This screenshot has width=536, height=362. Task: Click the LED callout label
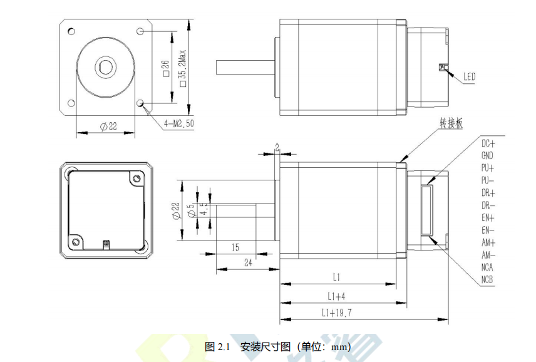pos(469,77)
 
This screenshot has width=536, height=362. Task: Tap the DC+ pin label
pos(488,143)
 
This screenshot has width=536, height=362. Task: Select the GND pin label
pos(487,155)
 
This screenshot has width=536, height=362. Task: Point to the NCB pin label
pos(487,279)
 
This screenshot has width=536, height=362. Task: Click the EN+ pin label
pos(488,217)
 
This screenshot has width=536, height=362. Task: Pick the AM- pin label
pos(488,255)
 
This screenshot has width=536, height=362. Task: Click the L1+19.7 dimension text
pos(337,313)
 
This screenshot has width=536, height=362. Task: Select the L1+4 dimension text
pos(336,296)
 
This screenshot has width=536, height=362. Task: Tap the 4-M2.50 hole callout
pos(178,123)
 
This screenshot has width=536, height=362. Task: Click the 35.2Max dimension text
pos(183,68)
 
